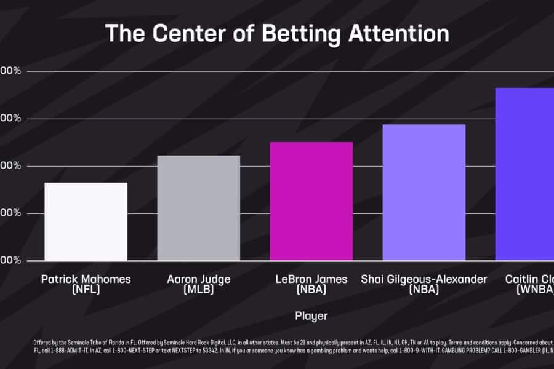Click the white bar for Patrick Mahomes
coord(86,221)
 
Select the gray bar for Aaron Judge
coord(198,208)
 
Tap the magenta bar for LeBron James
coord(311,201)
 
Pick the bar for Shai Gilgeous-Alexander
coord(424,192)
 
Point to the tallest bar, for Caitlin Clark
coord(524,174)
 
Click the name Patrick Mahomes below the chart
coord(86,279)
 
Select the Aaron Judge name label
coord(198,279)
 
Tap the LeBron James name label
coord(311,279)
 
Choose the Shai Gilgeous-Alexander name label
coord(424,279)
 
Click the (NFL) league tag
coord(86,289)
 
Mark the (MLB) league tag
coord(198,289)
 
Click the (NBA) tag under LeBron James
coord(311,289)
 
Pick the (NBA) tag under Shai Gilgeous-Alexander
coord(424,289)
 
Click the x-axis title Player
coord(311,315)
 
